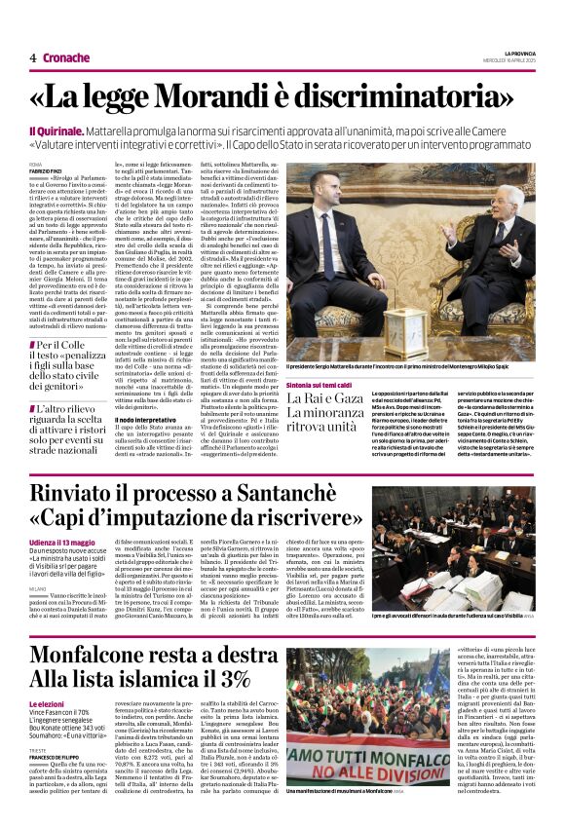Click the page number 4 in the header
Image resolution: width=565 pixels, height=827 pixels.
[33, 57]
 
